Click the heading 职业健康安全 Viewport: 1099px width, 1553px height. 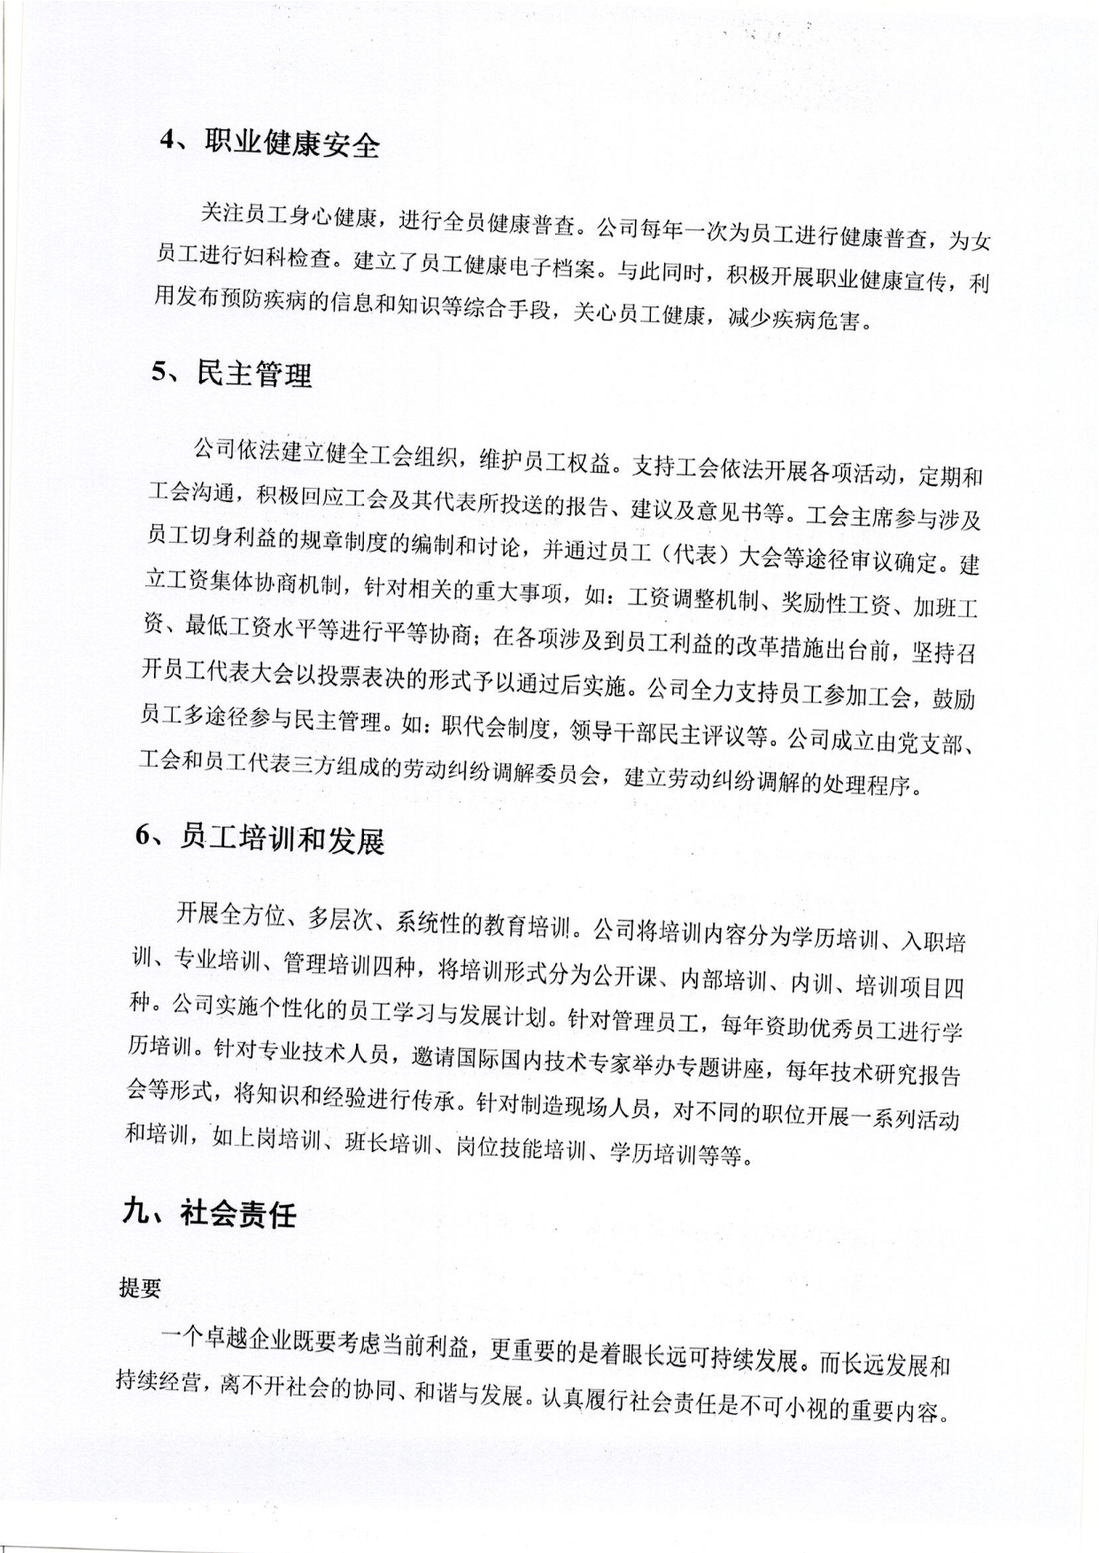pyautogui.click(x=291, y=143)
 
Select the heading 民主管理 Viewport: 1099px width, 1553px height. pyautogui.click(x=253, y=375)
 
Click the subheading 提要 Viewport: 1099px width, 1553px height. pyautogui.click(x=140, y=1288)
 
